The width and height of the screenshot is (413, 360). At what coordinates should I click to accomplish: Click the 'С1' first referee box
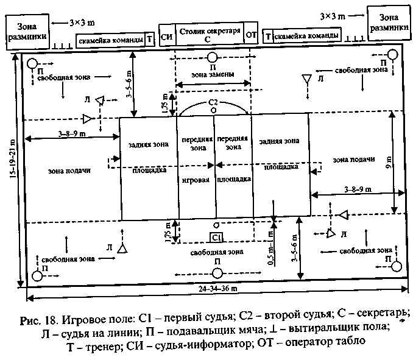tap(216, 236)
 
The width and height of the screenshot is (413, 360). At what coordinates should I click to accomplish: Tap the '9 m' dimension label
tap(388, 161)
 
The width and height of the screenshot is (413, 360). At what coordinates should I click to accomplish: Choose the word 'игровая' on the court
tap(195, 180)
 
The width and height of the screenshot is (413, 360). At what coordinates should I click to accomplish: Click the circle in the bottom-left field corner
tap(37, 275)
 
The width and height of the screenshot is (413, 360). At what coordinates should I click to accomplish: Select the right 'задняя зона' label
tap(279, 141)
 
